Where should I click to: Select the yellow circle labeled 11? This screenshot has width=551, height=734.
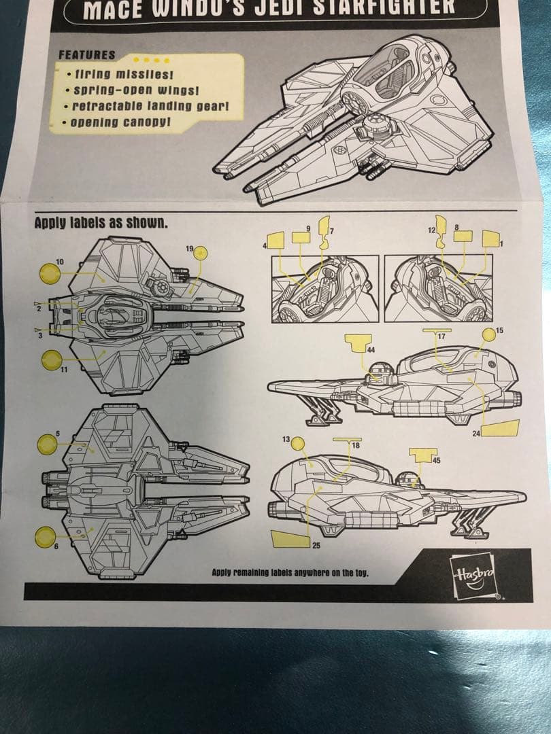pyautogui.click(x=52, y=360)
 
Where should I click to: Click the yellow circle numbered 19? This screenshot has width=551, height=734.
pyautogui.click(x=201, y=254)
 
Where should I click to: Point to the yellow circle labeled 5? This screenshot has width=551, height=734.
pyautogui.click(x=47, y=444)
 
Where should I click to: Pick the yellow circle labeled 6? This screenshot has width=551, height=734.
pyautogui.click(x=46, y=537)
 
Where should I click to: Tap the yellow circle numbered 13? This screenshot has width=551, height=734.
pyautogui.click(x=298, y=442)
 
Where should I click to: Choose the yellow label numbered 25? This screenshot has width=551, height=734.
pyautogui.click(x=287, y=538)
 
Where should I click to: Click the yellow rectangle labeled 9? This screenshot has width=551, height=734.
pyautogui.click(x=301, y=237)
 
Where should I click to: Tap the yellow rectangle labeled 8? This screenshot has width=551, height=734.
pyautogui.click(x=463, y=236)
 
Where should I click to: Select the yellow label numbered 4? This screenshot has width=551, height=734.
pyautogui.click(x=275, y=240)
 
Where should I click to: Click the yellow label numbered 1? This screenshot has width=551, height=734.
pyautogui.click(x=490, y=239)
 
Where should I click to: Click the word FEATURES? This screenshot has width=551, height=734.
pyautogui.click(x=86, y=55)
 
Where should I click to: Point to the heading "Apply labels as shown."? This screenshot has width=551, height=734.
pyautogui.click(x=100, y=222)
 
